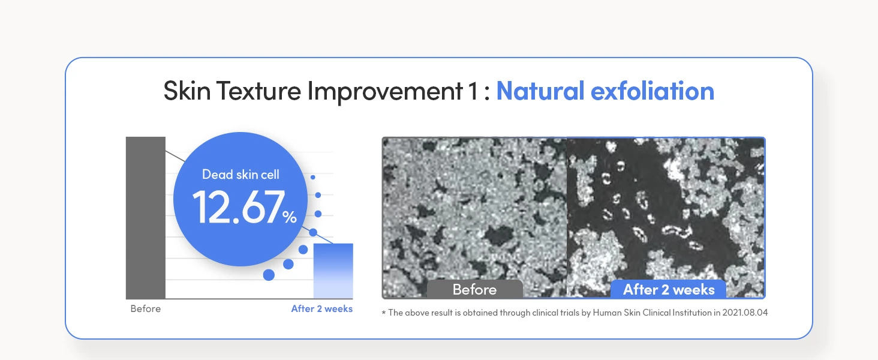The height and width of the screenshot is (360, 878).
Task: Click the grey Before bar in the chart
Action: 145,218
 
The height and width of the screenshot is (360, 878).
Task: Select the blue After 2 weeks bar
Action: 333,271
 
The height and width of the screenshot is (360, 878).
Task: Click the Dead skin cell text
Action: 240,175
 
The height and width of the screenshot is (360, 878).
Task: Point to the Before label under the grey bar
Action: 145,308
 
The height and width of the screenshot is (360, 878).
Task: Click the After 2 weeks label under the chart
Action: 322,308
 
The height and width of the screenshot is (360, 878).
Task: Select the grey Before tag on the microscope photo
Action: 474,289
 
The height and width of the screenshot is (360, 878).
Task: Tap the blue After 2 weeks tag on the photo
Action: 669,289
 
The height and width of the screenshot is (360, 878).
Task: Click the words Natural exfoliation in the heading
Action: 605,91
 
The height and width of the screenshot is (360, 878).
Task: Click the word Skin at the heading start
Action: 187,91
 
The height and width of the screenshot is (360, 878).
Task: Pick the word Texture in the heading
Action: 258,91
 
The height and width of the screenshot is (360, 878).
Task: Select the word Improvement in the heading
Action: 385,92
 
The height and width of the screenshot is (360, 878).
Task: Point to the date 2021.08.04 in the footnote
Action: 745,313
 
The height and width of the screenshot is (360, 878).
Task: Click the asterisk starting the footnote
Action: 384,313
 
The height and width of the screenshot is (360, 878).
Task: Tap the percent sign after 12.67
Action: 290,217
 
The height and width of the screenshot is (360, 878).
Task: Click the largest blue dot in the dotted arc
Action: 269,275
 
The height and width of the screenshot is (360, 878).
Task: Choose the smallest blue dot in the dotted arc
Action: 313,177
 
